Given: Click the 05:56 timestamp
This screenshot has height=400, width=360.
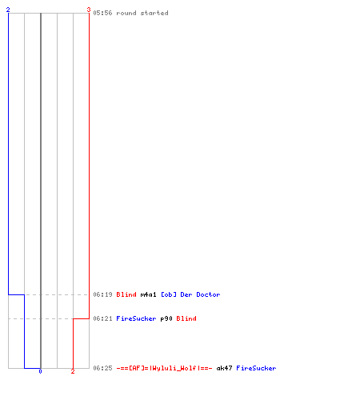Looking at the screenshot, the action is [102, 13].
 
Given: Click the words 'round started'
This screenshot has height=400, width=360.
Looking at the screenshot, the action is [142, 13].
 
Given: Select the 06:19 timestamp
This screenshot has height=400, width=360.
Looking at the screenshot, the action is [102, 294].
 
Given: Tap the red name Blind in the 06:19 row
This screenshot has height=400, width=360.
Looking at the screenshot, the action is [126, 294].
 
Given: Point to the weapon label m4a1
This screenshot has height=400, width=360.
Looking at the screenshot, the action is [148, 294].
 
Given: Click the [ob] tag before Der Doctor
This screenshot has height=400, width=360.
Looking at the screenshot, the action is [169, 294].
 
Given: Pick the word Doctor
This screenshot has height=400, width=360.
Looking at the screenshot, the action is [208, 294].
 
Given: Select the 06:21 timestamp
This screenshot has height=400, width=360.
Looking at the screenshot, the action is [102, 318].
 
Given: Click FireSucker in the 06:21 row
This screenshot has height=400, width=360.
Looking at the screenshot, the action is [136, 318].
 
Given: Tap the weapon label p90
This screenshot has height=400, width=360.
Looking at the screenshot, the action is [166, 318].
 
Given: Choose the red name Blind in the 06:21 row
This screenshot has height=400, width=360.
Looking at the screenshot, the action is [186, 318].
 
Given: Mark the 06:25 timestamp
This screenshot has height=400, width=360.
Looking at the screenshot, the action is [102, 368].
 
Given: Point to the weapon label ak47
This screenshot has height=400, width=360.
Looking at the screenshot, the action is [224, 368].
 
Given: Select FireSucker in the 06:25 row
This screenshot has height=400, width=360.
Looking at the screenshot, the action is [256, 368].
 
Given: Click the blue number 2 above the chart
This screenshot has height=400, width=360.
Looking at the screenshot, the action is [8, 10].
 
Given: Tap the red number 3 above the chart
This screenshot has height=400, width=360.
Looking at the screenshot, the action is [89, 10].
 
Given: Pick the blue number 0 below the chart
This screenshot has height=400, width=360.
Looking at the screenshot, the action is [40, 371].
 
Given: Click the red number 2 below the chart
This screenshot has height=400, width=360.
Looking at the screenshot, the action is [73, 371].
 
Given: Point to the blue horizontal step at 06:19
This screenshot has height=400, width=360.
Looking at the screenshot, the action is [17, 294].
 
